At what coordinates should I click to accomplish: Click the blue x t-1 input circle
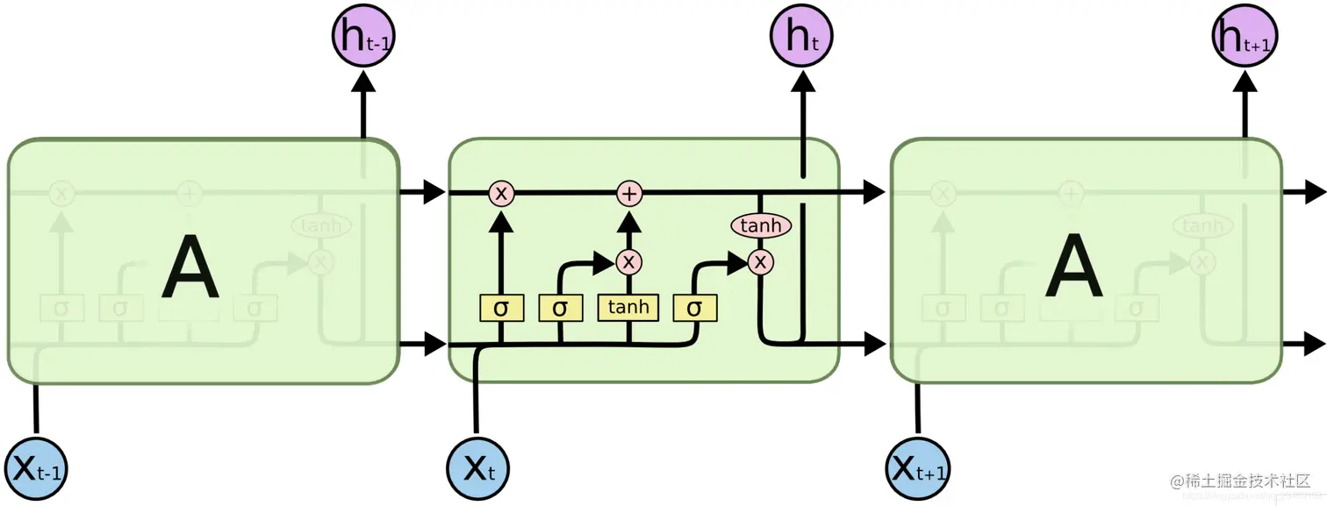click(36, 467)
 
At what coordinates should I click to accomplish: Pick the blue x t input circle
click(477, 467)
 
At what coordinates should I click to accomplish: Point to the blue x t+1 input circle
click(919, 467)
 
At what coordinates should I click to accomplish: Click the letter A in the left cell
click(189, 269)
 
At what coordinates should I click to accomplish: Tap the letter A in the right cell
click(1072, 269)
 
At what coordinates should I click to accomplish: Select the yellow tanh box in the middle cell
click(628, 307)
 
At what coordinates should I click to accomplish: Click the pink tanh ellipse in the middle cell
click(761, 226)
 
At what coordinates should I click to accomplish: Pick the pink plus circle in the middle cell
click(628, 193)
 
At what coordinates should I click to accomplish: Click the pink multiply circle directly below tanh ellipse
click(761, 260)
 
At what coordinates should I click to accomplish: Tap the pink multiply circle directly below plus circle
click(628, 261)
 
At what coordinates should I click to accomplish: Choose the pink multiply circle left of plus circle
click(501, 193)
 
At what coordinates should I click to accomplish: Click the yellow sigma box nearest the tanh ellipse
click(695, 308)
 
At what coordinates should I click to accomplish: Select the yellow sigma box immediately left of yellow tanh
click(560, 308)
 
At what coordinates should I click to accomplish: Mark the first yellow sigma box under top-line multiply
click(501, 308)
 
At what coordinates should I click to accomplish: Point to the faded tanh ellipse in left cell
click(321, 226)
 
